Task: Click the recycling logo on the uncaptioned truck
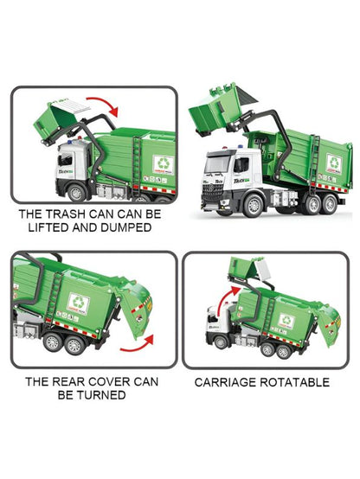(x=333, y=162)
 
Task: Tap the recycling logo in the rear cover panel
(x=80, y=303)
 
